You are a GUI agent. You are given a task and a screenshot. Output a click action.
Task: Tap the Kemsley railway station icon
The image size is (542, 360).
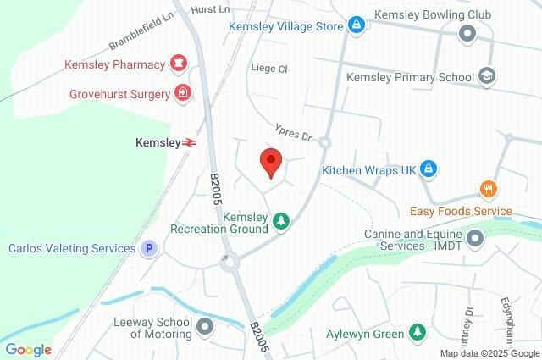pyautogui.click(x=190, y=143)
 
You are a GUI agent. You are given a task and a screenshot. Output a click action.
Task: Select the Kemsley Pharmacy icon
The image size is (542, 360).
pyautogui.click(x=179, y=64)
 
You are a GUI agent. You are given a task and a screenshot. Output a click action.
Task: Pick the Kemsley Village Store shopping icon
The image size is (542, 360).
pyautogui.click(x=357, y=26)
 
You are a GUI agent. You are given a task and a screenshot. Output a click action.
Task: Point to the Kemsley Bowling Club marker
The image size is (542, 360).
pyautogui.click(x=467, y=34)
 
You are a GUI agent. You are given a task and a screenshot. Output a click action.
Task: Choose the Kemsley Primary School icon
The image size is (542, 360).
pyautogui.click(x=486, y=77)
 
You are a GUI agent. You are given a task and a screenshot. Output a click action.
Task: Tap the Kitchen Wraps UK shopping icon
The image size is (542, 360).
pyautogui.click(x=429, y=169)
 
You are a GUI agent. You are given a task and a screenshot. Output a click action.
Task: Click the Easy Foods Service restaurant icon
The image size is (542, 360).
pyautogui.click(x=487, y=190)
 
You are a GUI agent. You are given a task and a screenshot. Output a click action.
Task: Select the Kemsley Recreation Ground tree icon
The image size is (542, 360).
pyautogui.click(x=280, y=222)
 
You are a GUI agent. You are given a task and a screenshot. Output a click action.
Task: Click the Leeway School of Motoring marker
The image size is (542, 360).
pyautogui.click(x=205, y=325)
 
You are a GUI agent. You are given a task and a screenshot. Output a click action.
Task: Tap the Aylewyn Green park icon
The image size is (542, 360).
pyautogui.click(x=416, y=333)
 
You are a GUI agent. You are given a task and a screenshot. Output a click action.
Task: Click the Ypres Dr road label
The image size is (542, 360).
pyautogui.click(x=294, y=132)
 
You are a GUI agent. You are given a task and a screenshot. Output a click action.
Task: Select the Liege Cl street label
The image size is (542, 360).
pyautogui.click(x=270, y=68)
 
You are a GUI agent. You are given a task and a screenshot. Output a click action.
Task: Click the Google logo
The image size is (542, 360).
pyautogui.click(x=28, y=349)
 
